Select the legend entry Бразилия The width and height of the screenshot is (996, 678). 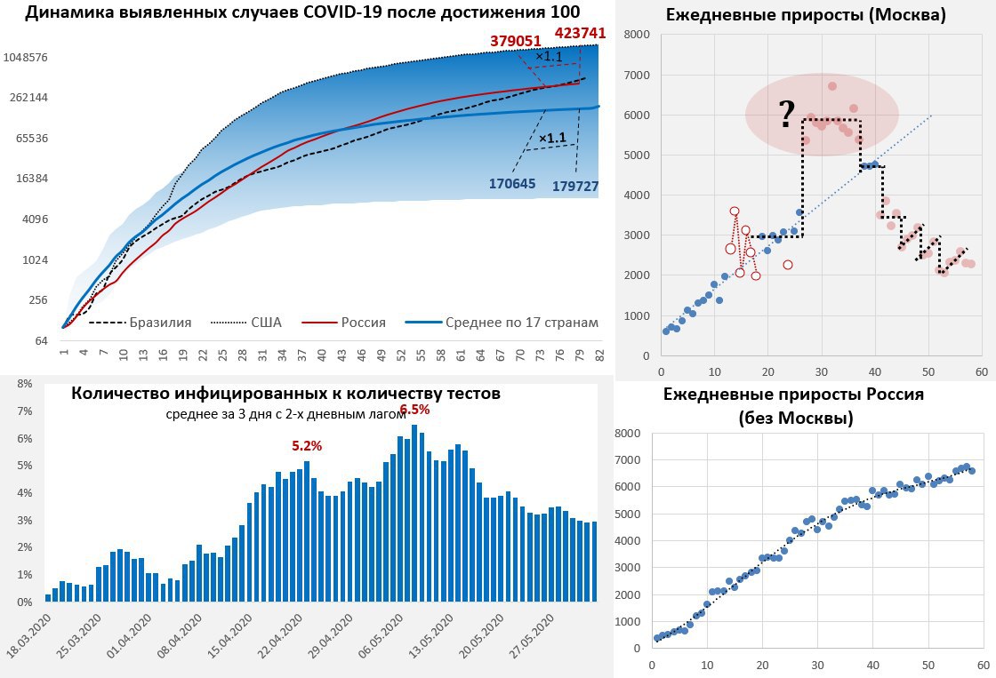pos(160,323)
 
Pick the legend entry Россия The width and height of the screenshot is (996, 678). pos(364,323)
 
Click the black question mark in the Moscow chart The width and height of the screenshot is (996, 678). pos(786,114)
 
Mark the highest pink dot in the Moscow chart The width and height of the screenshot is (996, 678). pos(832,86)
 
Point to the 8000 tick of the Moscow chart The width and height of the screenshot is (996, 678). pos(636,35)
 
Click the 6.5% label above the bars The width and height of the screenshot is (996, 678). pos(414,410)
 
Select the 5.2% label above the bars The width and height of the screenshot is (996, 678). pos(307,444)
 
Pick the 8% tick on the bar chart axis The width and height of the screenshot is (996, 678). pos(25,384)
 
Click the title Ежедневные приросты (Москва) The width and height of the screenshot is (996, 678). pos(804,15)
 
